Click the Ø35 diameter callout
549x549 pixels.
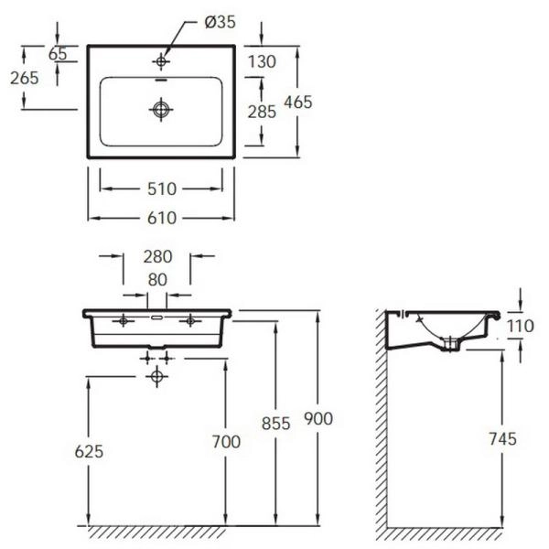tap(220, 22)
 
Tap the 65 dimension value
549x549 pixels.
tap(58, 54)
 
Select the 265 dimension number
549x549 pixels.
tap(24, 78)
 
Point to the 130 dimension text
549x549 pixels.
tap(262, 61)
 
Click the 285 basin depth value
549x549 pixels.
tap(262, 112)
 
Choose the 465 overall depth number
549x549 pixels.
tap(298, 102)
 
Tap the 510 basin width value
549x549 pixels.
tap(162, 189)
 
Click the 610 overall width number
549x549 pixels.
tap(162, 218)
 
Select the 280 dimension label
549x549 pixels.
tap(157, 256)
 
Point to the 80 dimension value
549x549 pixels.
tap(157, 280)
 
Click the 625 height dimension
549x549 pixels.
tap(89, 451)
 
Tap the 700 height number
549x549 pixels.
tap(226, 442)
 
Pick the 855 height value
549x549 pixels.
tap(276, 424)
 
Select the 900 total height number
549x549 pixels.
tap(318, 419)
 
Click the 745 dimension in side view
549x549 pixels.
tap(502, 439)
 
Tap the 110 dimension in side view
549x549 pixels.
tap(521, 326)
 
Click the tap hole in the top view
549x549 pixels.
tap(161, 61)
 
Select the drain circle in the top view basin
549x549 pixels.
tap(161, 109)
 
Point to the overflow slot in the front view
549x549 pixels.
tap(156, 318)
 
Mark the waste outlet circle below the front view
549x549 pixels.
tap(156, 376)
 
